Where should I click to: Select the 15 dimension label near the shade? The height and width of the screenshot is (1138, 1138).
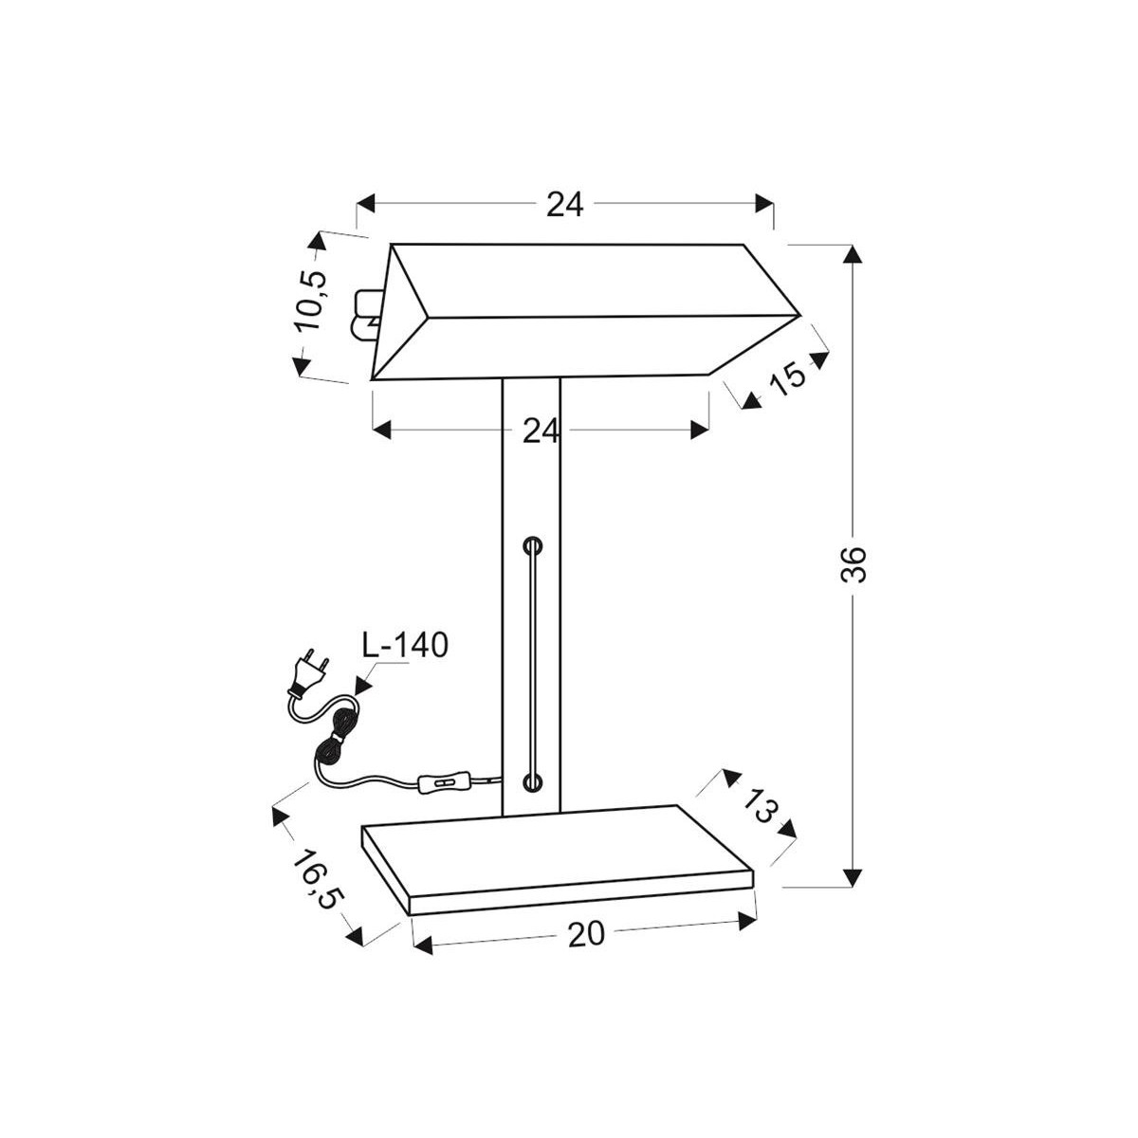pyautogui.click(x=786, y=376)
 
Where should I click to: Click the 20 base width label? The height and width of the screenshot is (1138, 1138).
pyautogui.click(x=586, y=934)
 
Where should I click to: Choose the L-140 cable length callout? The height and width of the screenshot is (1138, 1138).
pyautogui.click(x=404, y=646)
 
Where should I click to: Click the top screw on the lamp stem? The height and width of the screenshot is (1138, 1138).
pyautogui.click(x=534, y=546)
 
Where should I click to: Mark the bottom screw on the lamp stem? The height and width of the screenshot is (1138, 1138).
pyautogui.click(x=534, y=782)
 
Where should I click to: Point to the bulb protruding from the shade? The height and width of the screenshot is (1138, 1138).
pyautogui.click(x=364, y=316)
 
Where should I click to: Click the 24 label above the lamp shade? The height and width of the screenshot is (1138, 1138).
pyautogui.click(x=564, y=204)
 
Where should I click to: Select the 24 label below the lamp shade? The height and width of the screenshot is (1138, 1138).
pyautogui.click(x=541, y=431)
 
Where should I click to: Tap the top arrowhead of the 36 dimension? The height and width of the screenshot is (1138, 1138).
pyautogui.click(x=853, y=254)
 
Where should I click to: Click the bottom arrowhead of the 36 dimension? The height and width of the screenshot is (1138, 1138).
pyautogui.click(x=853, y=876)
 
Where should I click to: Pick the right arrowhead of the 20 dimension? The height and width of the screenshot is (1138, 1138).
pyautogui.click(x=748, y=919)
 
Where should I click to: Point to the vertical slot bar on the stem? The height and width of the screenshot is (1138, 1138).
pyautogui.click(x=534, y=664)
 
